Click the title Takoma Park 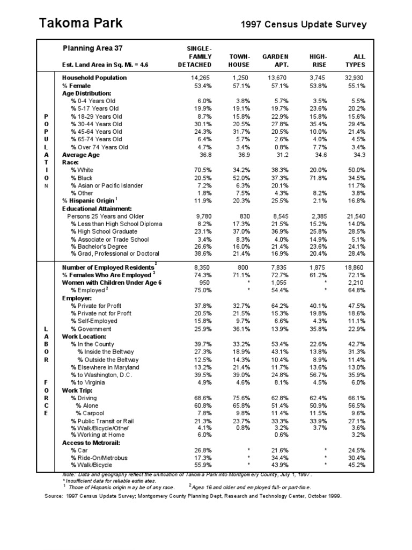81,23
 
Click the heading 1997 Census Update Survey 304,24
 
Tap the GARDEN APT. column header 275,60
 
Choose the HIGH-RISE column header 319,60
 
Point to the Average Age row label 81,155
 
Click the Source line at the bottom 193,496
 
